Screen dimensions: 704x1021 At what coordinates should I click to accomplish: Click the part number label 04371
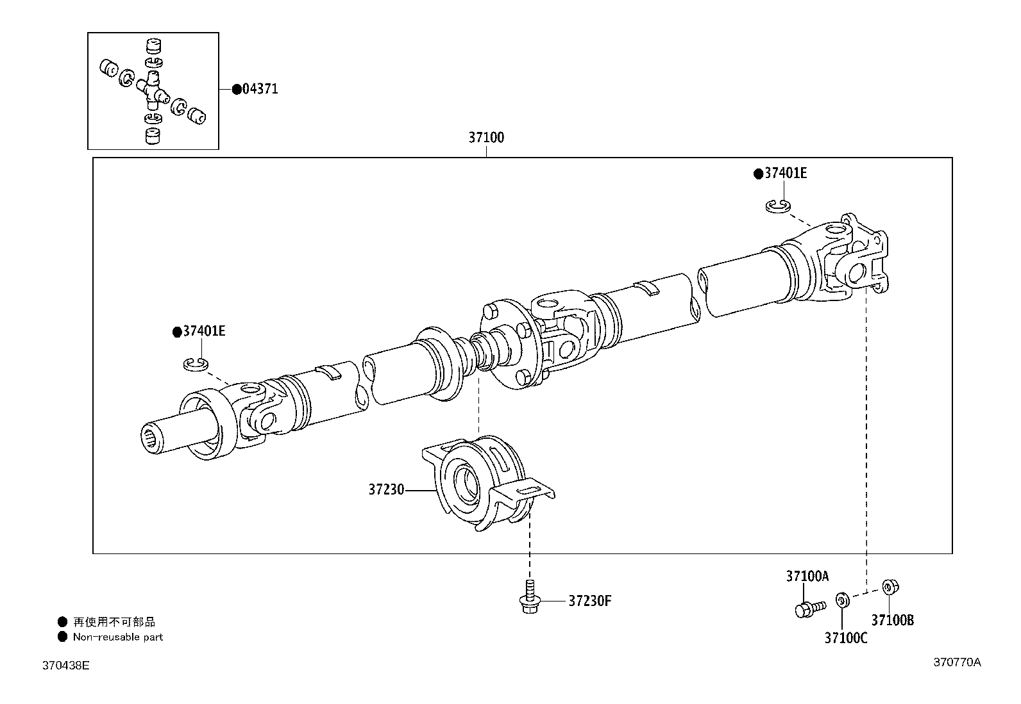point(260,89)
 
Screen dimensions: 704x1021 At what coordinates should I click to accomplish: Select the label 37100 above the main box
point(485,137)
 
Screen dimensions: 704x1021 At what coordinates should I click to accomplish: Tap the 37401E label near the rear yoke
point(785,173)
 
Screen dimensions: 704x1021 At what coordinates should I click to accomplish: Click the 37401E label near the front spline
point(203,331)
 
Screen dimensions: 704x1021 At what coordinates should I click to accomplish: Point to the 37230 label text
point(385,489)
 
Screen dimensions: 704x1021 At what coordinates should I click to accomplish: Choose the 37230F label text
point(589,601)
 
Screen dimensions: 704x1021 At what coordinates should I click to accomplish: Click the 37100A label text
point(807,576)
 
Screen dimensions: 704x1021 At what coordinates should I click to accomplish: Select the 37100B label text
point(892,619)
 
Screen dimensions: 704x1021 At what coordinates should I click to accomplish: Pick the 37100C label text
point(845,637)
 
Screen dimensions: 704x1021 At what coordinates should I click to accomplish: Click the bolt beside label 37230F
point(530,597)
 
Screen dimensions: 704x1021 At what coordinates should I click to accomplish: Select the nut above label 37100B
point(889,587)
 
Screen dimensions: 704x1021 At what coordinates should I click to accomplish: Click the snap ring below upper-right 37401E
point(778,206)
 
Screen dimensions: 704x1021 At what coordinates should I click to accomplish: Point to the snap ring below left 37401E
point(195,364)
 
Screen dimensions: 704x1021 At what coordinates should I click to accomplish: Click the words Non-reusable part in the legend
point(117,637)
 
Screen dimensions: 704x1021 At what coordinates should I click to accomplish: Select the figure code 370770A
point(956,662)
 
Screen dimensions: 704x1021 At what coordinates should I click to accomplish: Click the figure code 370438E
point(65,666)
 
